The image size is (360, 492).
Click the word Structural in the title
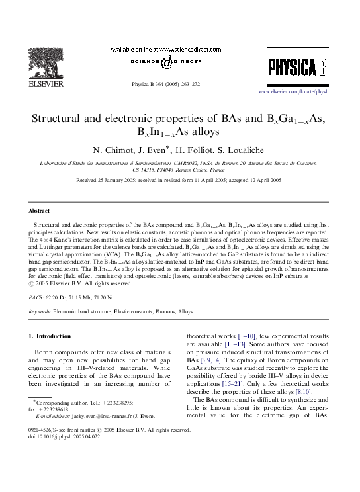(x=58, y=119)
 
